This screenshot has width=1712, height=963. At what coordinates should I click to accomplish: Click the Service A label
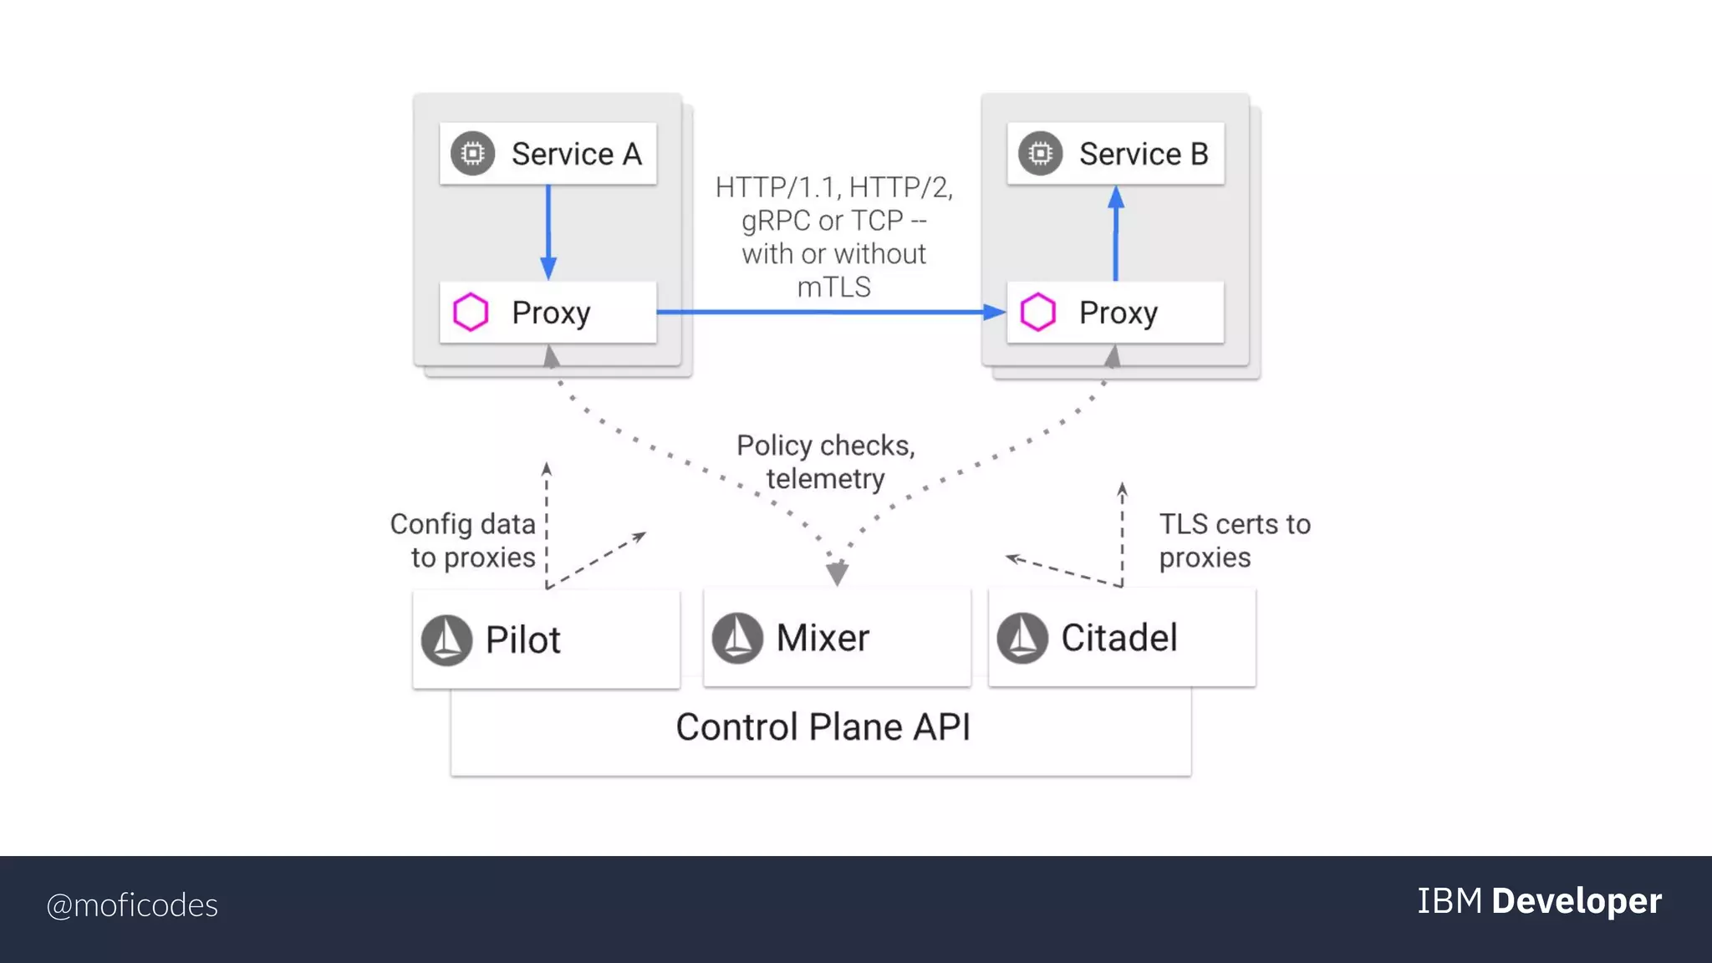tap(576, 155)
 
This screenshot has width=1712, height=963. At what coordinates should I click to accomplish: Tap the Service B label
tap(1143, 155)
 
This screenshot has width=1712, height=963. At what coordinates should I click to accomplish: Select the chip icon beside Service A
tap(473, 154)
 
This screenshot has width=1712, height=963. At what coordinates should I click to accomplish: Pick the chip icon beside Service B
tap(1041, 154)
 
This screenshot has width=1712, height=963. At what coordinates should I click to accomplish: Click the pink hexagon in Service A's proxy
tap(471, 313)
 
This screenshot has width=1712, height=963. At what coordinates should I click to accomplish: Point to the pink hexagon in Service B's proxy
tap(1038, 313)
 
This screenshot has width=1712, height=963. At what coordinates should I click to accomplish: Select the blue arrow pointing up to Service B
tap(1116, 234)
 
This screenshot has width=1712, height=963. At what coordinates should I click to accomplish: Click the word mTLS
tap(833, 288)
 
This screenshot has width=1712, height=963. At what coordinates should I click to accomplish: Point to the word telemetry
tap(825, 479)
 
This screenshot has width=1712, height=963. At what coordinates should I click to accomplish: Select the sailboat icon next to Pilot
tap(446, 640)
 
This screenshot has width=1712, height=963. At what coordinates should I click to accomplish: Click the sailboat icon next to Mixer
tap(737, 638)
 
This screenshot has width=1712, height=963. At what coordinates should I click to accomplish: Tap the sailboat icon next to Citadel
tap(1022, 638)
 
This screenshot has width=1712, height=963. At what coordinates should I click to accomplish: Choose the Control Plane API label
tap(823, 727)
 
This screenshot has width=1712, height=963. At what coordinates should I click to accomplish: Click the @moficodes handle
tap(132, 905)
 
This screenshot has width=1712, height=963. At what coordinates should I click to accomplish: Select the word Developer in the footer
tap(1576, 901)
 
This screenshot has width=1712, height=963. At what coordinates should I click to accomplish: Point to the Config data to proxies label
tap(463, 541)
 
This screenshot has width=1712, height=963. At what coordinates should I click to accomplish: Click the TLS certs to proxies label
tap(1234, 541)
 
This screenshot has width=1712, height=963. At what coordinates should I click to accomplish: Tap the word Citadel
tap(1118, 638)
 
